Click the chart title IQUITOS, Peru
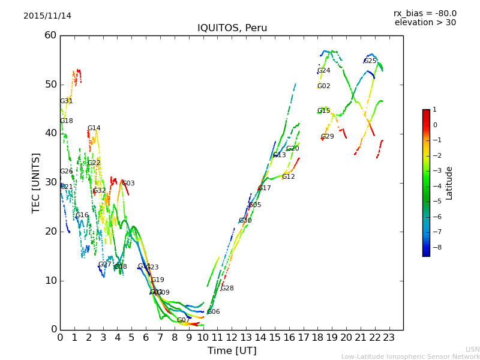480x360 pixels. [x=232, y=28]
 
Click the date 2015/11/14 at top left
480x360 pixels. [x=47, y=16]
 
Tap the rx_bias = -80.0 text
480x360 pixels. [x=425, y=13]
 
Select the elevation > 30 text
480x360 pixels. [x=425, y=23]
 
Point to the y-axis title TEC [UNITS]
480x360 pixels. [x=36, y=182]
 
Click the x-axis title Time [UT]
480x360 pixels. [x=232, y=351]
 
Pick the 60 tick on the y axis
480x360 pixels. [x=50, y=35]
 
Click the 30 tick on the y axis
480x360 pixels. [x=50, y=182]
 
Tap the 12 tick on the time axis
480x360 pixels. [x=232, y=337]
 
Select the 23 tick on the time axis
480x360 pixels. [x=389, y=337]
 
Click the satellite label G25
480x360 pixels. [x=370, y=61]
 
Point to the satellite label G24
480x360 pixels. [x=324, y=71]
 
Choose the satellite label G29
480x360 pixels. [x=328, y=137]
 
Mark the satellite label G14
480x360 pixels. [x=94, y=128]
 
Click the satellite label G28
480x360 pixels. [x=227, y=289]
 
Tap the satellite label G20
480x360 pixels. [x=292, y=149]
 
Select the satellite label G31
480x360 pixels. [x=67, y=101]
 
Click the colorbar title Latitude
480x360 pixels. [x=449, y=183]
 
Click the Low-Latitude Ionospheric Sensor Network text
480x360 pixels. [x=410, y=356]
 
